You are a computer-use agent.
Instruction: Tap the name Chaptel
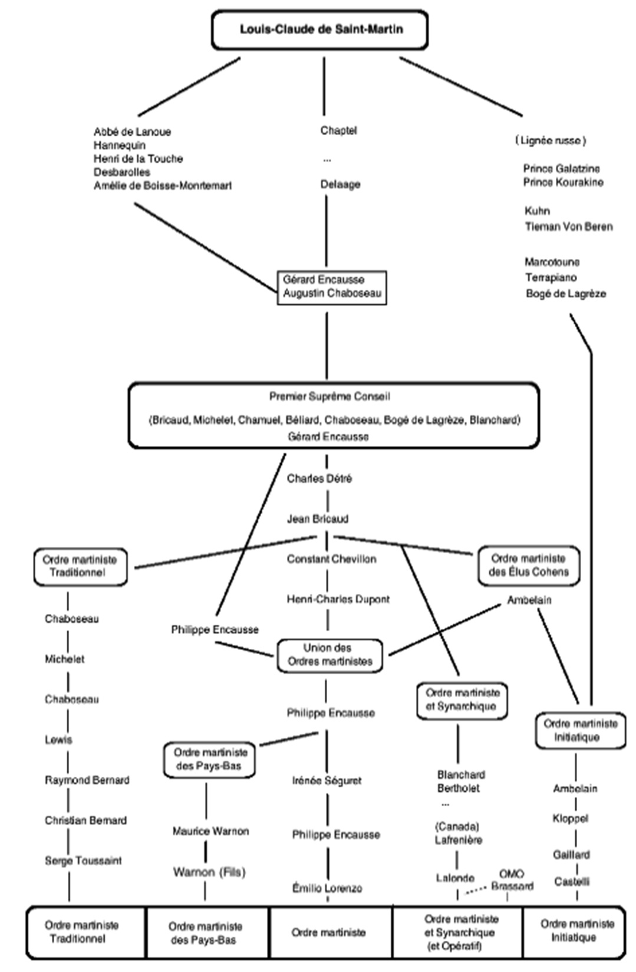[x=338, y=130]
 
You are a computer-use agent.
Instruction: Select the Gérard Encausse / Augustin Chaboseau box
[x=332, y=287]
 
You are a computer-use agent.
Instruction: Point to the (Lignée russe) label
[x=551, y=140]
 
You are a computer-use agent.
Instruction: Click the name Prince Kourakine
[x=563, y=182]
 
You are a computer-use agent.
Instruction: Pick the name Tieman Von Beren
[x=569, y=226]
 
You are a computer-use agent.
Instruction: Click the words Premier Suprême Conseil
[x=329, y=396]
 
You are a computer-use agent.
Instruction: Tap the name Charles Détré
[x=319, y=478]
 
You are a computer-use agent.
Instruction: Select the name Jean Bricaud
[x=317, y=519]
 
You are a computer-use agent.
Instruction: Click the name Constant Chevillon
[x=331, y=559]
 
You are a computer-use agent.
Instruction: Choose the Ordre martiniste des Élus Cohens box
[x=528, y=565]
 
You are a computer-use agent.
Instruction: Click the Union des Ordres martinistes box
[x=329, y=655]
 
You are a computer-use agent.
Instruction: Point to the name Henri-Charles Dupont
[x=338, y=599]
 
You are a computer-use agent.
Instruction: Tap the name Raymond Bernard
[x=87, y=780]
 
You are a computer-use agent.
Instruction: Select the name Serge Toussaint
[x=83, y=861]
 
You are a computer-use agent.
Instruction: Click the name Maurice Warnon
[x=210, y=832]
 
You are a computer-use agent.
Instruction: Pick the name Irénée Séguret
[x=327, y=781]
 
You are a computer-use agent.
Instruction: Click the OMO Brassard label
[x=512, y=880]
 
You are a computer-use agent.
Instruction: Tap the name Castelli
[x=571, y=882]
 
